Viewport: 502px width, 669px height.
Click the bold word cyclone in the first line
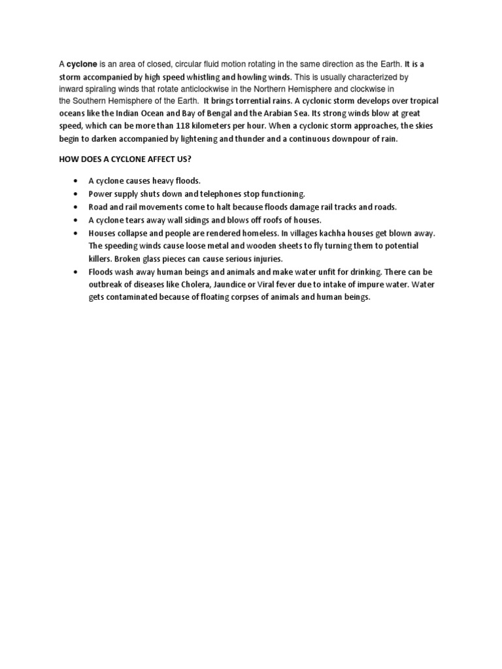[x=82, y=65]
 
